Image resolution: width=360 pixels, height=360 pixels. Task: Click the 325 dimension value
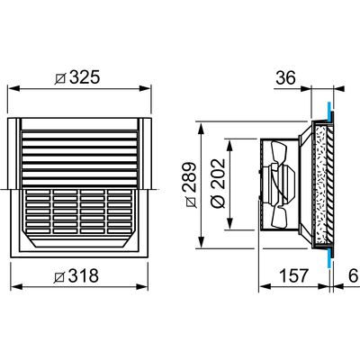(x=84, y=78)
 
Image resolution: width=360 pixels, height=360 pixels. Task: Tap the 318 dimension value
(x=83, y=275)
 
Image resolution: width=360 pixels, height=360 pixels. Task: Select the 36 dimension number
(x=285, y=78)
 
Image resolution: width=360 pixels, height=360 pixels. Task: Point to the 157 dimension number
(x=293, y=275)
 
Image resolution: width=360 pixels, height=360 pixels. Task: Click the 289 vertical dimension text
(x=190, y=177)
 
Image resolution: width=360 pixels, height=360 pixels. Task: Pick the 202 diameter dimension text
(x=218, y=174)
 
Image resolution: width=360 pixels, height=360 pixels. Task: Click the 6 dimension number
(x=354, y=275)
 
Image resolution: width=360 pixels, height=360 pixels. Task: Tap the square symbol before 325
(x=60, y=78)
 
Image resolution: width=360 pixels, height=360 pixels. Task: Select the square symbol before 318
(x=59, y=277)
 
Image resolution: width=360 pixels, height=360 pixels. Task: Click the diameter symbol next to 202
(x=218, y=201)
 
